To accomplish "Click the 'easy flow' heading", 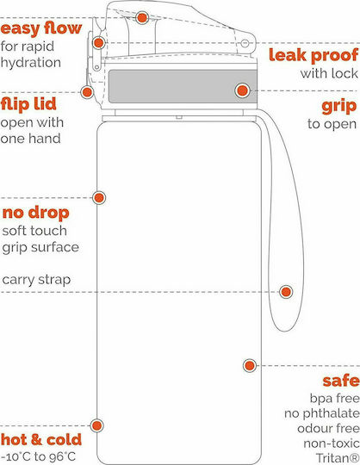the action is click(x=41, y=28).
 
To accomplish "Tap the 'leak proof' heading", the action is click(x=313, y=55).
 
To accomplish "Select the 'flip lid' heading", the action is click(x=28, y=104).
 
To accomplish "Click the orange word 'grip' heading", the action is click(x=339, y=106).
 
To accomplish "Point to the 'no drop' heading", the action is click(x=36, y=213).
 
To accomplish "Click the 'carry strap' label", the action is click(x=36, y=280).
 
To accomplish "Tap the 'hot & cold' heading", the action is click(x=41, y=439).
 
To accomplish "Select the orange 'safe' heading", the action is click(x=341, y=381).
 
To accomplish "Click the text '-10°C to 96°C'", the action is click(x=38, y=456).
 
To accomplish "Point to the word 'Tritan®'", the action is click(x=338, y=458).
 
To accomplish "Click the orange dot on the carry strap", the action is click(x=286, y=292).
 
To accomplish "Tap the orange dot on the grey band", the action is click(x=243, y=90).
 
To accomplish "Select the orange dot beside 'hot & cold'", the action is click(x=96, y=426).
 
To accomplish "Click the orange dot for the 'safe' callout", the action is click(x=250, y=366).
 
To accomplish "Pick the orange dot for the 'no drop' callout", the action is click(x=99, y=197).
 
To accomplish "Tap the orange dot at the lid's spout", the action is click(x=142, y=18).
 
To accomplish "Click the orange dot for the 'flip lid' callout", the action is click(x=87, y=92).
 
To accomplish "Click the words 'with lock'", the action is click(x=329, y=73).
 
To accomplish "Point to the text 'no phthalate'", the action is click(x=322, y=413).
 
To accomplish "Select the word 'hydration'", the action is click(x=31, y=63).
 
